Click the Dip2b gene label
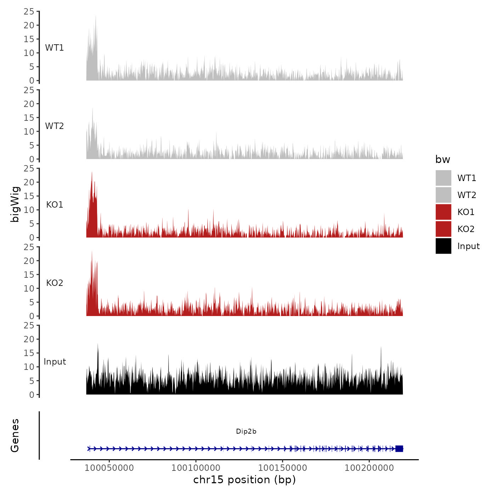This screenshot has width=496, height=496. [246, 431]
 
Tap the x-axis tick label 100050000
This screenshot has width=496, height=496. [109, 468]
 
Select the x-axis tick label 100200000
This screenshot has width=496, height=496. [369, 468]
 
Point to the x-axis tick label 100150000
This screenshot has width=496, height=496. [282, 468]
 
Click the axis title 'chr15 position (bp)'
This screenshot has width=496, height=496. [244, 480]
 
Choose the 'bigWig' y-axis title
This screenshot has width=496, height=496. [15, 204]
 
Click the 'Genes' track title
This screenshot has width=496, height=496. [15, 435]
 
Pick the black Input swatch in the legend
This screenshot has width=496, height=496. [443, 246]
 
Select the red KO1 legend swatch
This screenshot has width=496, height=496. [443, 212]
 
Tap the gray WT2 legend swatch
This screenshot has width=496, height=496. [443, 195]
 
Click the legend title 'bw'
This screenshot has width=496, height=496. [443, 160]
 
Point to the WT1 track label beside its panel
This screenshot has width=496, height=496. [54, 48]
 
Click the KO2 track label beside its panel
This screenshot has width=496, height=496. [55, 283]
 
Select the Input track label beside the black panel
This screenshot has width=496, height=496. [55, 362]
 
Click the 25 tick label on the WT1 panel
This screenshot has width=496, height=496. [29, 12]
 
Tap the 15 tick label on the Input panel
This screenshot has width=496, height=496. [29, 353]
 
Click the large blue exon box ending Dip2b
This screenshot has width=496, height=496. [399, 449]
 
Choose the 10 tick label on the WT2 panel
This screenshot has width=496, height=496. [29, 131]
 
